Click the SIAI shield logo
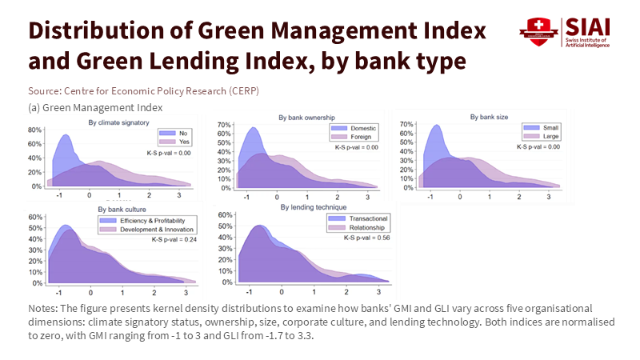[x=535, y=32]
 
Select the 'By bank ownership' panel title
[x=306, y=118]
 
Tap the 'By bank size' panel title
[x=482, y=118]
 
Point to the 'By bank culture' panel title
[x=120, y=210]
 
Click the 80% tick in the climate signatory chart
[x=35, y=130]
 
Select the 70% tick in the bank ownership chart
[x=224, y=126]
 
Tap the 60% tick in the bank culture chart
[x=35, y=217]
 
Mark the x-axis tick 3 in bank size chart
[x=549, y=196]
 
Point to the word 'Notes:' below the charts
[x=42, y=308]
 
